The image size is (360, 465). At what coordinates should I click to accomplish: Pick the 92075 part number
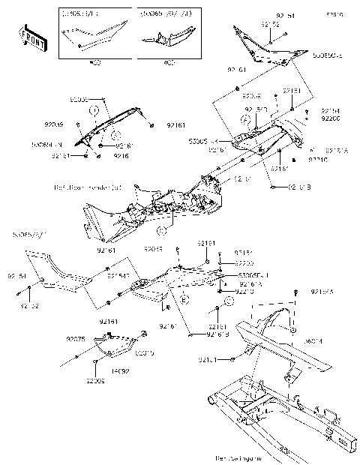pos(76,339)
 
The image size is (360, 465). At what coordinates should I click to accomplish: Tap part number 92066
pos(95,381)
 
